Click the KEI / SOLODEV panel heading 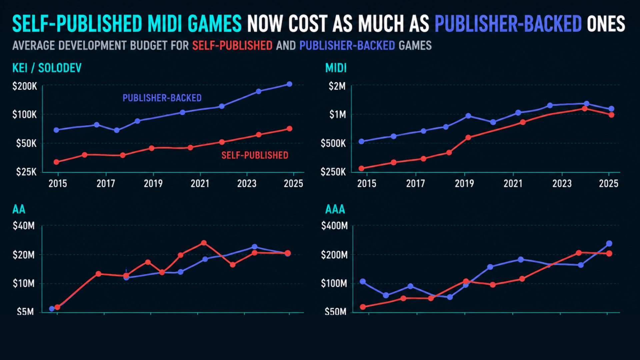click(x=47, y=68)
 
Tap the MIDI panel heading click(x=336, y=68)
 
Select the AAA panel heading click(x=335, y=209)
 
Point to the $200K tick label click(x=25, y=86)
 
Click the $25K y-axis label click(x=26, y=172)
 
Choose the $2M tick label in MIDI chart click(x=337, y=86)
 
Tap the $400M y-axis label click(x=334, y=226)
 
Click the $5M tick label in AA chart click(x=25, y=312)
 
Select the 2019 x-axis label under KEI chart click(x=153, y=184)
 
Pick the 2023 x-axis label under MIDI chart click(x=562, y=184)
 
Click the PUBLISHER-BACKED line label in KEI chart click(x=162, y=98)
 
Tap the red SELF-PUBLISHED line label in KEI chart click(x=255, y=155)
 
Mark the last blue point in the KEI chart click(x=289, y=84)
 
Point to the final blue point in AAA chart click(x=609, y=244)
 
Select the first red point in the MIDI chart click(x=361, y=169)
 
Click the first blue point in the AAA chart click(x=363, y=282)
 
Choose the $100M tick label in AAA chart click(x=334, y=284)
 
